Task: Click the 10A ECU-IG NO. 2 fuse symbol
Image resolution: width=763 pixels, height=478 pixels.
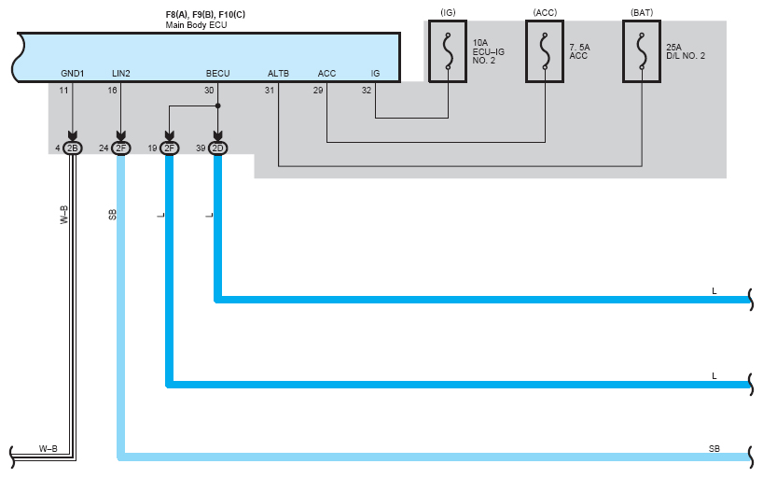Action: [x=448, y=51]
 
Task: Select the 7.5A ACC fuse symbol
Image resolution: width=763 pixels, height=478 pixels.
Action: [x=545, y=51]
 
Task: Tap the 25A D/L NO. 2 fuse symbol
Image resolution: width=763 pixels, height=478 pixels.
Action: [x=642, y=51]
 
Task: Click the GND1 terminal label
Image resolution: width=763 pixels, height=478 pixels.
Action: [x=73, y=74]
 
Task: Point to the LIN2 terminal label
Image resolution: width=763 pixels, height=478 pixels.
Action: [x=121, y=74]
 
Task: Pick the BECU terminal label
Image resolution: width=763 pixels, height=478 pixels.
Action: [x=217, y=74]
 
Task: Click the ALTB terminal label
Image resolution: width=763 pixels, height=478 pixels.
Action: [x=278, y=74]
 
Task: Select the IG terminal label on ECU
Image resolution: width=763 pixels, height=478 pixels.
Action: [x=375, y=74]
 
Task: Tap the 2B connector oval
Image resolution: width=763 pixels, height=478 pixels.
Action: [x=73, y=148]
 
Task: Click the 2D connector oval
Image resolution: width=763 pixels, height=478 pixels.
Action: [x=217, y=148]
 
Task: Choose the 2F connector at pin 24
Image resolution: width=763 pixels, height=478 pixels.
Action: [x=121, y=148]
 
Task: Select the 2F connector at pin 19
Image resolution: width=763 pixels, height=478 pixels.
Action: [x=170, y=148]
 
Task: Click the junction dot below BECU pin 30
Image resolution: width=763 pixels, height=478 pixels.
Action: [x=218, y=105]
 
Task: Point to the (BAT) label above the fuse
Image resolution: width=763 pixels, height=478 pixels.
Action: [x=642, y=13]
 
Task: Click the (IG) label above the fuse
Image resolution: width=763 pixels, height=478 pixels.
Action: [x=448, y=13]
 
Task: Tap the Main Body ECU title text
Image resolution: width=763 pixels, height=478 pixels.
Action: [x=196, y=25]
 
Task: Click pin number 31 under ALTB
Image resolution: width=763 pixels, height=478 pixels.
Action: [x=269, y=91]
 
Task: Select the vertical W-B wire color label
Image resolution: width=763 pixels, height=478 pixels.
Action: [x=63, y=215]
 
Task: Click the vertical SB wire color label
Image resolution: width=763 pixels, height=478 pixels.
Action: [x=113, y=215]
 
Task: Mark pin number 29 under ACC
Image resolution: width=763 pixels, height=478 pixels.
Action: [x=318, y=91]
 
